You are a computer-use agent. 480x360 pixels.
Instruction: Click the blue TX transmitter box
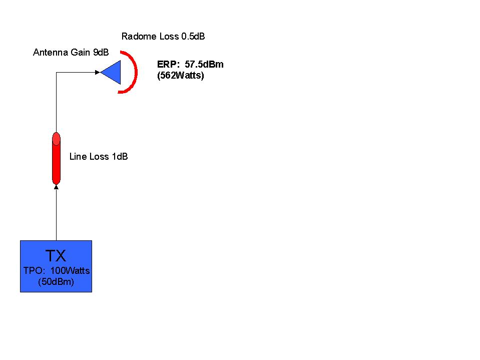click(56, 266)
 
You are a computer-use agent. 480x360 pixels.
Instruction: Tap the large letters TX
click(56, 256)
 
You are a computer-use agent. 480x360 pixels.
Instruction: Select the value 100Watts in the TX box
click(70, 270)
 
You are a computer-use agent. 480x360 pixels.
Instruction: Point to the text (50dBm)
click(56, 281)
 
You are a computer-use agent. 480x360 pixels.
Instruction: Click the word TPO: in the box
click(34, 270)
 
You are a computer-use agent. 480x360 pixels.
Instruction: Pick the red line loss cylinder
click(57, 158)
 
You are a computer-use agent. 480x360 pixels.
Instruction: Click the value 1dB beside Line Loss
click(120, 156)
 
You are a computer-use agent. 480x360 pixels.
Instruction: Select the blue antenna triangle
click(111, 72)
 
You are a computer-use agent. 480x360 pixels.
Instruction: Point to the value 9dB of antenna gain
click(101, 53)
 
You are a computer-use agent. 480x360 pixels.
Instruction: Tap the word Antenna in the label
click(51, 53)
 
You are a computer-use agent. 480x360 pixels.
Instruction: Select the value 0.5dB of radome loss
click(193, 37)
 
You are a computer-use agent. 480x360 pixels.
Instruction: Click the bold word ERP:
click(168, 64)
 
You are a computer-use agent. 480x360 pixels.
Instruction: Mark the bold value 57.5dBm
click(204, 64)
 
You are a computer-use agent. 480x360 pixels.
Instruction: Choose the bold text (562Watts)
click(181, 75)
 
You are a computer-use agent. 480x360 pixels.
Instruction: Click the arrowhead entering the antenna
click(98, 72)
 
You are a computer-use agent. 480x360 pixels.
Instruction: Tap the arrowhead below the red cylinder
click(57, 187)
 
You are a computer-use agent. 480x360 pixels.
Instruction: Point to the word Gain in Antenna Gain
click(81, 53)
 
